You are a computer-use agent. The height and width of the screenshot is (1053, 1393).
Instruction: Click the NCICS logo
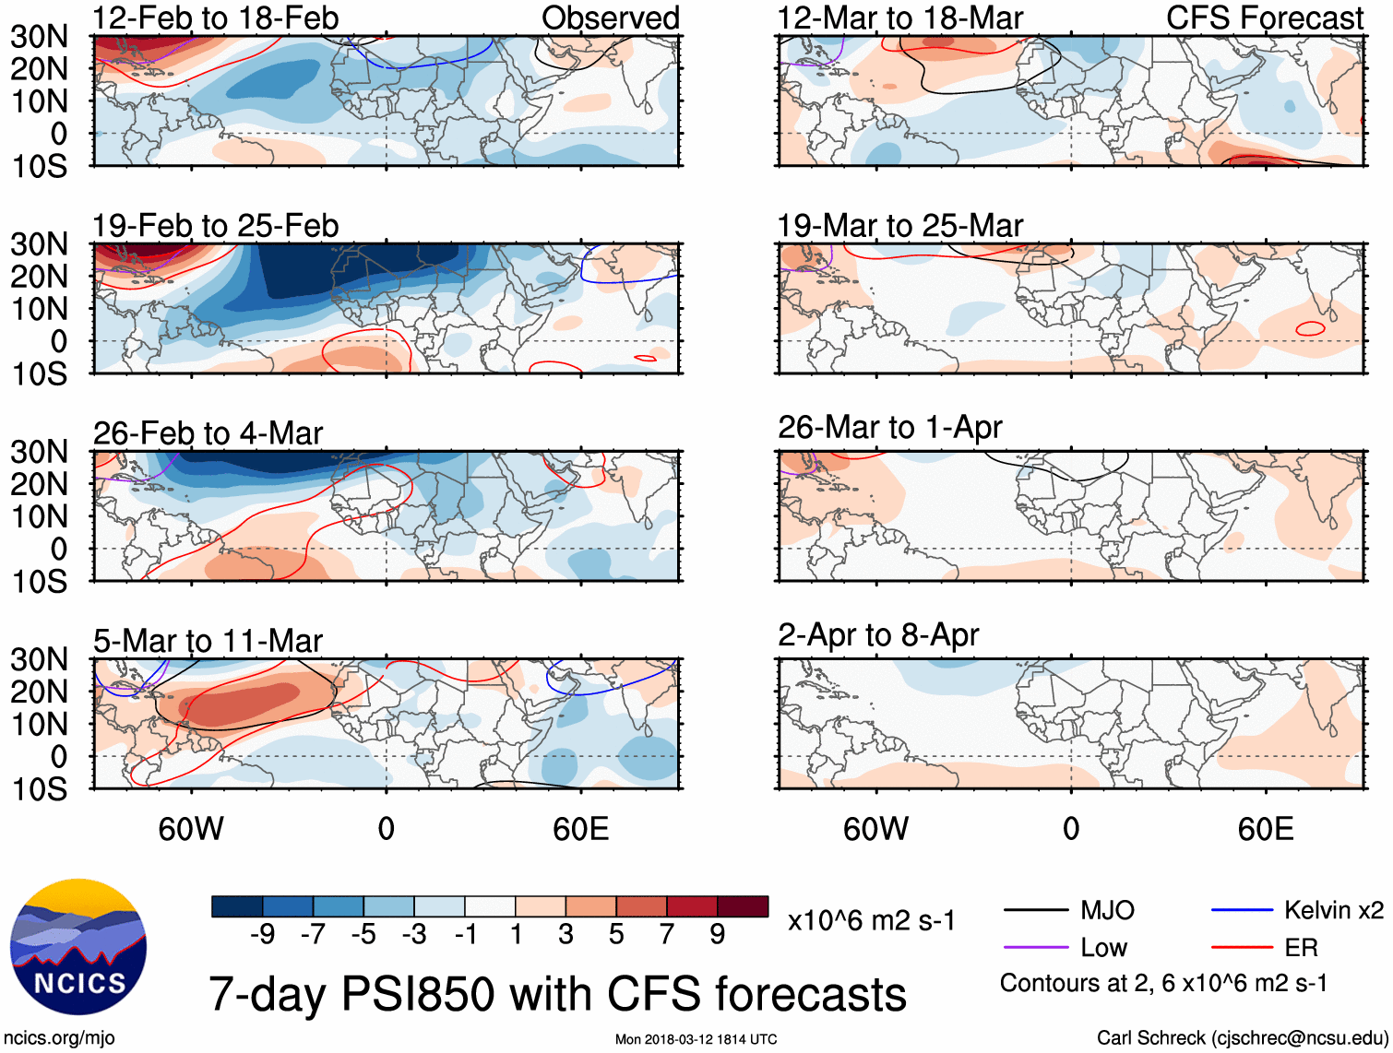pos(78,947)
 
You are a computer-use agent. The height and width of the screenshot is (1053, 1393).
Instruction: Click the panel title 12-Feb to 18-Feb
pos(215,18)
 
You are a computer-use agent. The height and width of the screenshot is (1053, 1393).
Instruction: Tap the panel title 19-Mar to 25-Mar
pos(899,225)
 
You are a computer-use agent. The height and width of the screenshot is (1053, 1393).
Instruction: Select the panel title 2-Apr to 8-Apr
pos(877,634)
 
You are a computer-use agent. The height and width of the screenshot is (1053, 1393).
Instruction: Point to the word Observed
pos(610,18)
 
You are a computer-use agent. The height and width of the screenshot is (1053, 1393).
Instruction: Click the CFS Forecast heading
pos(1264,18)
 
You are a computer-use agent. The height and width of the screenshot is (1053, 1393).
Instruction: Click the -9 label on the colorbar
pos(263,934)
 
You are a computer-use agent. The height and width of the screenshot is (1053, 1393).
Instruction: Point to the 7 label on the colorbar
pos(667,934)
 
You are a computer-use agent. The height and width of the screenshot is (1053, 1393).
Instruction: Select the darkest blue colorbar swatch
pos(236,906)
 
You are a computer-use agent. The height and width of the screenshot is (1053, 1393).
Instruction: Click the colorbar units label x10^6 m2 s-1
pos(871,920)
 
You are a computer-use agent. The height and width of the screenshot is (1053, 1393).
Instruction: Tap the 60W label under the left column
pos(191,829)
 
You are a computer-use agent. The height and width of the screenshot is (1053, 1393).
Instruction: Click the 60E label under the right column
pos(1265,829)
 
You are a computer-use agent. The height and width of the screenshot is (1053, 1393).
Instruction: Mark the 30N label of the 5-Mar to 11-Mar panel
pos(39,659)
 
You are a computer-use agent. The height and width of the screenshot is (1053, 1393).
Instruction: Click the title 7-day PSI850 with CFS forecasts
pos(557,994)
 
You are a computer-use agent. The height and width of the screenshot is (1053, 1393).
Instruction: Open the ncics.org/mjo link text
pos(59,1037)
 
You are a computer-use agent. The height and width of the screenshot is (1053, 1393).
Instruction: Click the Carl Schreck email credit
pos(1242,1037)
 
